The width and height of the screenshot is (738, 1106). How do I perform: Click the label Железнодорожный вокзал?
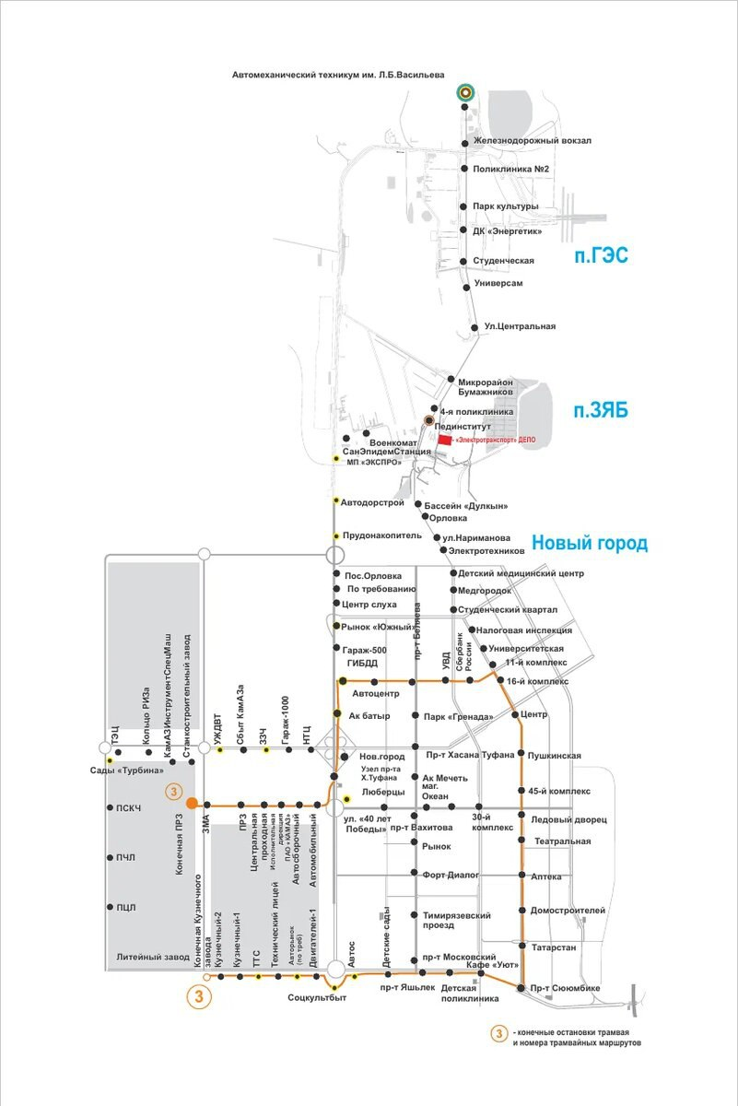coord(532,141)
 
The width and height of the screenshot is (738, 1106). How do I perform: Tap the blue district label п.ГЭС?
coord(601,255)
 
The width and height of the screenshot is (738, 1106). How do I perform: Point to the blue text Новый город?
coord(590,544)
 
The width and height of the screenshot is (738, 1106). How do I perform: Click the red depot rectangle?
coord(445,441)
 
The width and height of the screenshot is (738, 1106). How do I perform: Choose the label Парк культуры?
coord(505,206)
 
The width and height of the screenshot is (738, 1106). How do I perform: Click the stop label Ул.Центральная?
coord(520,327)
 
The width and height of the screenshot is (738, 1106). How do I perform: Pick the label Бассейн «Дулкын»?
coord(467,506)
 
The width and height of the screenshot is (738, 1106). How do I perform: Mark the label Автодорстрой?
coord(373,502)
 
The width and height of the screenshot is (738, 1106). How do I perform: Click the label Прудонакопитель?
coord(381,535)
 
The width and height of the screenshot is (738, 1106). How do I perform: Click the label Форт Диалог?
coord(452,877)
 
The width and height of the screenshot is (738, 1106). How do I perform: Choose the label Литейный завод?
coord(153,958)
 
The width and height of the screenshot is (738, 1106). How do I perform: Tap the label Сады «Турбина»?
coord(126,771)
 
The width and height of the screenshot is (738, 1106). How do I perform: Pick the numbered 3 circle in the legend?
coord(498,1034)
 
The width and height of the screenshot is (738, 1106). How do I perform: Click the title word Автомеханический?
coord(277,74)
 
